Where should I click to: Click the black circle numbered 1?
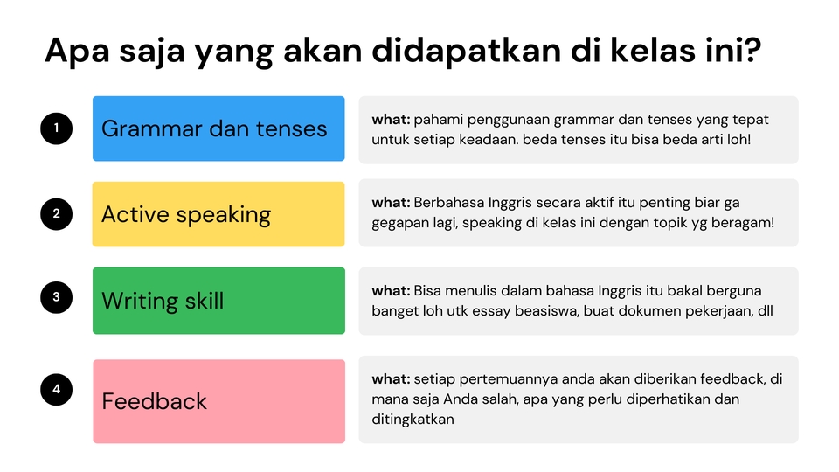point(56,129)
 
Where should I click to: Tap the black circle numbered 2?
point(56,215)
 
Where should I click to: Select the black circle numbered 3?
point(56,297)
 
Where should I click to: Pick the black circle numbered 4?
point(56,389)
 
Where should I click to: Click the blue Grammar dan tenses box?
point(218,128)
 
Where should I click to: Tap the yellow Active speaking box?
point(218,214)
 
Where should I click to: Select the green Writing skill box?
point(218,301)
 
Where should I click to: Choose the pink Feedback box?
point(218,401)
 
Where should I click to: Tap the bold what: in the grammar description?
point(391,120)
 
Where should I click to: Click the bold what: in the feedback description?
point(391,379)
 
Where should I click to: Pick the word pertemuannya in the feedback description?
point(497,379)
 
